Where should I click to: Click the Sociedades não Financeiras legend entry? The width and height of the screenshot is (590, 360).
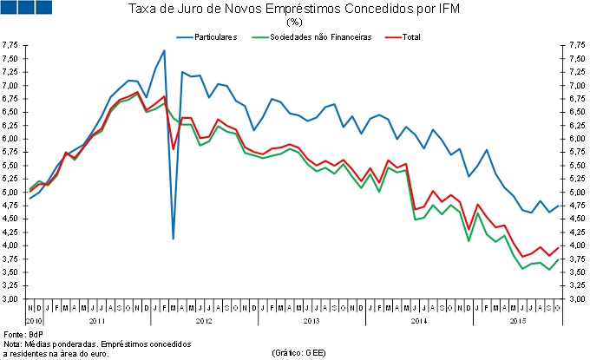[x=320, y=37]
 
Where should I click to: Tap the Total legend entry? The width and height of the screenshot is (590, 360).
[x=409, y=37]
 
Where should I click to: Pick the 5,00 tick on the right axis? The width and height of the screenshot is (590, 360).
[x=575, y=193]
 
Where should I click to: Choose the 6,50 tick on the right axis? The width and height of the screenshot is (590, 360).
[x=575, y=113]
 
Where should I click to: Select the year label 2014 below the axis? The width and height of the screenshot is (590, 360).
[x=418, y=321]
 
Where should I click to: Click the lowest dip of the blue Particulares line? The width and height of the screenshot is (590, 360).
[x=173, y=238]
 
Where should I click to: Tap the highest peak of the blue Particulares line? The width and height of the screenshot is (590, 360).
[x=164, y=50]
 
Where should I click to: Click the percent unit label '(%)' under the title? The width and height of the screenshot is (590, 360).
[x=293, y=22]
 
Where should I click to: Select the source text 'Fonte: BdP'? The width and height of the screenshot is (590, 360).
[x=19, y=334]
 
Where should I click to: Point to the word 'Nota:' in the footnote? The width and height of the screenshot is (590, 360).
[x=13, y=344]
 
